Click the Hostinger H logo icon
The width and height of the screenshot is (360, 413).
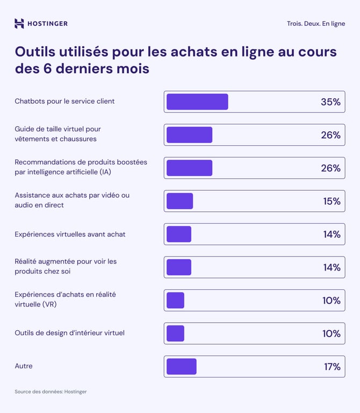click(19, 23)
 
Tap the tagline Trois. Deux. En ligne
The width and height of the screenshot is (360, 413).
click(316, 24)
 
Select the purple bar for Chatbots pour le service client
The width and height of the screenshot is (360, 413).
click(197, 102)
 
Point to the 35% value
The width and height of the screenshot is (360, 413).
click(330, 102)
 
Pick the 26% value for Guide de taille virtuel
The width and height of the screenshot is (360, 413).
click(330, 135)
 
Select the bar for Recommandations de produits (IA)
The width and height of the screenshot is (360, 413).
click(189, 168)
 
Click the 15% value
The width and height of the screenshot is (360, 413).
click(331, 201)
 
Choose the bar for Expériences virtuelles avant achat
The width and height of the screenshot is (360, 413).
click(179, 234)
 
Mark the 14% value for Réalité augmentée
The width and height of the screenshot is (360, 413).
click(331, 267)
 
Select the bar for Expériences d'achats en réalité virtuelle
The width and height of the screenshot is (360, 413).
click(175, 300)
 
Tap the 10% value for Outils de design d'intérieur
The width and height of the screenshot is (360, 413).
click(331, 333)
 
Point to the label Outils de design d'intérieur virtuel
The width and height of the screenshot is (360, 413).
click(69, 333)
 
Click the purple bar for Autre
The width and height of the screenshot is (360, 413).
click(182, 366)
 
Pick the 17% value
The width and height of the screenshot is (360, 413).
click(332, 367)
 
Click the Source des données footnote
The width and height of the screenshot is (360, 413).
click(51, 391)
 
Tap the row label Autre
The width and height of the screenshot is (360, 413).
click(24, 366)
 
